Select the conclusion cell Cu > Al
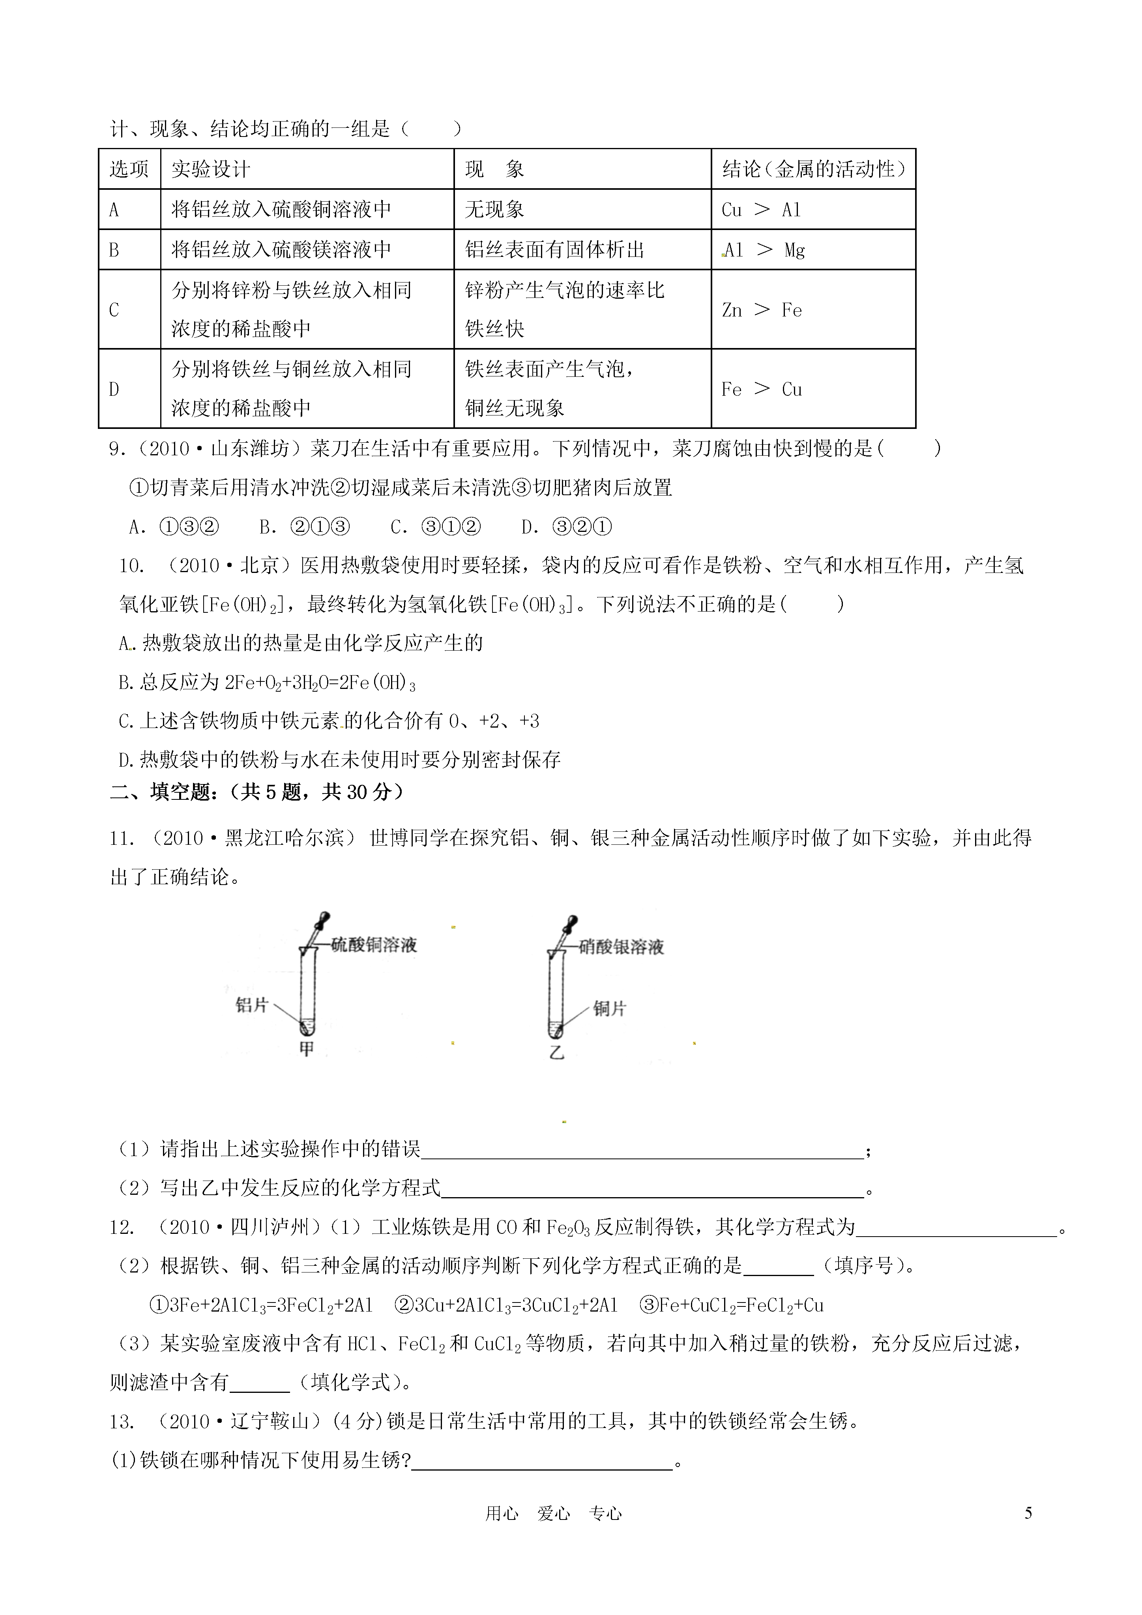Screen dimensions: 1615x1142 tap(761, 210)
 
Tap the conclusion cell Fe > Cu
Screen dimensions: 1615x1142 tap(761, 389)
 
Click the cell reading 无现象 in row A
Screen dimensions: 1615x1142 tap(495, 210)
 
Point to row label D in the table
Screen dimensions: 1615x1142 tap(114, 389)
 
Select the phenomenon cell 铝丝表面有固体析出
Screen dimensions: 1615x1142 tap(554, 250)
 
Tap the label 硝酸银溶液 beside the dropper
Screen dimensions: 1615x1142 tap(621, 947)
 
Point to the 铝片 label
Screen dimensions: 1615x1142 tap(252, 1005)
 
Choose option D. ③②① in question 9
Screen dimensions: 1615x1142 tap(566, 526)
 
